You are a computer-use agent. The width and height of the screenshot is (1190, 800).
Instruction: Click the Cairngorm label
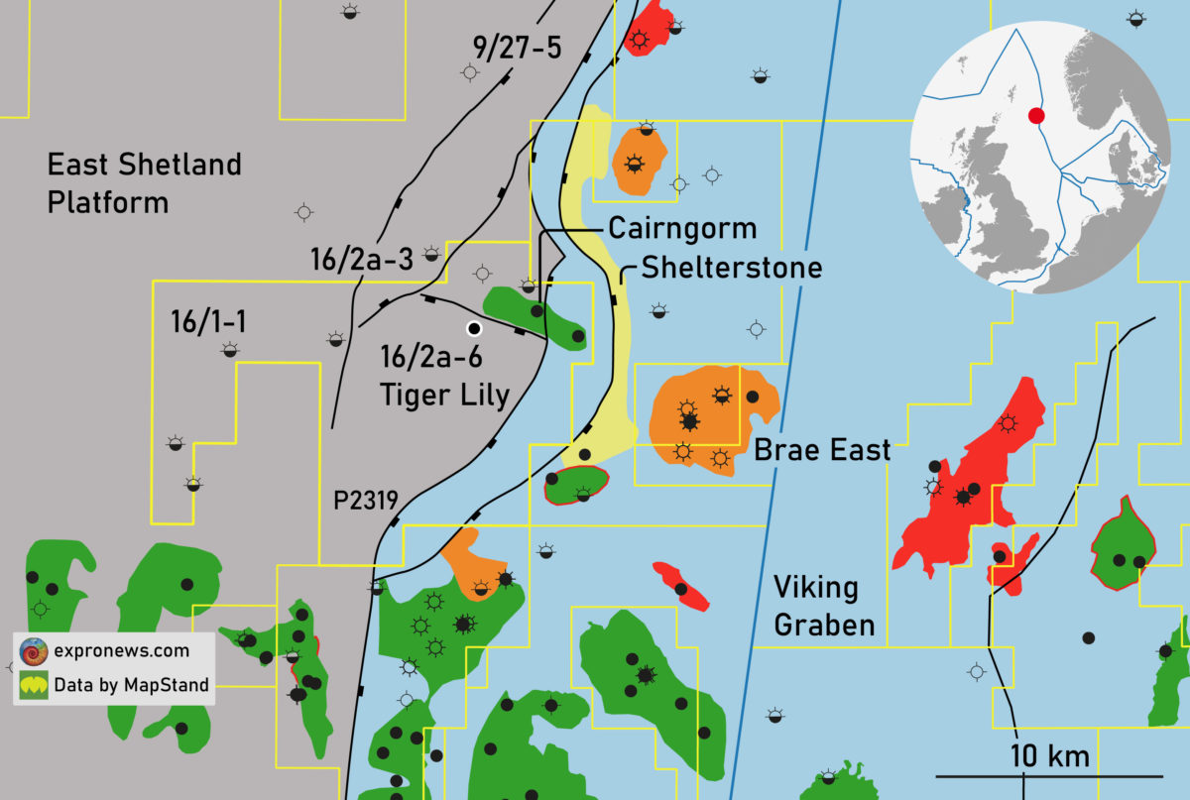click(x=682, y=228)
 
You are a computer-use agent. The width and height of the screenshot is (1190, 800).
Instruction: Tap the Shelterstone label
click(x=731, y=267)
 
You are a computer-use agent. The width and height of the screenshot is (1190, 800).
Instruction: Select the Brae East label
click(x=822, y=450)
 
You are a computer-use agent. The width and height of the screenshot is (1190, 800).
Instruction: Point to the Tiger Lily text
click(x=444, y=396)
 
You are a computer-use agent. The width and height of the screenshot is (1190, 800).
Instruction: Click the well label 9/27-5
click(x=516, y=46)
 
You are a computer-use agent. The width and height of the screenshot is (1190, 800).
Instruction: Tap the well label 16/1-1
click(x=208, y=322)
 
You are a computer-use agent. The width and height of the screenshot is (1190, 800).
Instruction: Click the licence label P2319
click(x=365, y=502)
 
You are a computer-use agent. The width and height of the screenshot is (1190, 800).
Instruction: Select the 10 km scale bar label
click(x=1050, y=756)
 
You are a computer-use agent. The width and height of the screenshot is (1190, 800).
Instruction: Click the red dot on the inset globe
click(x=1036, y=116)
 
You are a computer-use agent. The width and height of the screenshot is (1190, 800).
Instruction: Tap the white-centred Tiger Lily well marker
click(x=474, y=328)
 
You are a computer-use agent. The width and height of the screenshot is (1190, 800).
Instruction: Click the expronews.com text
click(x=123, y=651)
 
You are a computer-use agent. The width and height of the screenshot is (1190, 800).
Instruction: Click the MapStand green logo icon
click(x=34, y=685)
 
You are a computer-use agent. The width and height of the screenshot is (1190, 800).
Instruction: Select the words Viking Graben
click(x=825, y=606)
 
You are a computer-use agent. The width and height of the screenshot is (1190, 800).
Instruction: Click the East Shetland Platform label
click(x=145, y=183)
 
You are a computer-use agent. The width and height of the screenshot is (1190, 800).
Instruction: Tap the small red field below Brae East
click(x=681, y=585)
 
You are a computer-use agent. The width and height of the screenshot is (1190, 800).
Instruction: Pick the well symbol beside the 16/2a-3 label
click(x=431, y=254)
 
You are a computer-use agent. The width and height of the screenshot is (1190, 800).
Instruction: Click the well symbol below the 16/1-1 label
click(x=230, y=349)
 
